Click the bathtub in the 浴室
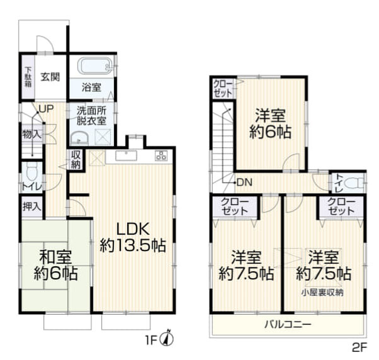pos(92,65)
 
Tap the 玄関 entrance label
pos(51,77)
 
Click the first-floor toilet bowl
pos(32,172)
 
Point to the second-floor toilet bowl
pos(357,183)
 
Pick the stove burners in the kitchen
pos(161,156)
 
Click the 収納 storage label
pos(76,160)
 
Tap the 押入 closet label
pos(31,206)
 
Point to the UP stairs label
pos(45,108)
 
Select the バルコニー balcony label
pos(288,324)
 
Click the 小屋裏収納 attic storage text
pos(322,291)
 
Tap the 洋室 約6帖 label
pos(271,124)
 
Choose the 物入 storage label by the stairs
pos(31,134)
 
